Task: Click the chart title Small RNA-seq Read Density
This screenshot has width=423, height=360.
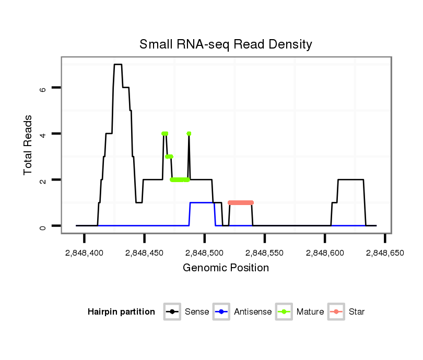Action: (226, 44)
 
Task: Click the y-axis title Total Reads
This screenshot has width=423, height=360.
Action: (29, 145)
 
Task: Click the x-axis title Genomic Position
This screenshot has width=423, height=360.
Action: (226, 268)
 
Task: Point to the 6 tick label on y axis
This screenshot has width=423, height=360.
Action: (43, 88)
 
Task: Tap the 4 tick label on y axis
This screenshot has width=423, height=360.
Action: (43, 134)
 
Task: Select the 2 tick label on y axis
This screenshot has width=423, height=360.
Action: (43, 180)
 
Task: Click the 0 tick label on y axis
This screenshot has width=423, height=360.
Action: (43, 226)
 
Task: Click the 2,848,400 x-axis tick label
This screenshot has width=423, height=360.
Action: (84, 253)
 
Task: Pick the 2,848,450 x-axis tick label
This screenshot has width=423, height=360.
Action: (144, 253)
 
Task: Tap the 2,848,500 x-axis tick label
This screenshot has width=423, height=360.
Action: (204, 253)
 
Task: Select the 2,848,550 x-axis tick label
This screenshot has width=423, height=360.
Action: (265, 253)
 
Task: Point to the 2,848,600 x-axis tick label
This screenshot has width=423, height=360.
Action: (325, 253)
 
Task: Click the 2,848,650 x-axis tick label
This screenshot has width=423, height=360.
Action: (385, 253)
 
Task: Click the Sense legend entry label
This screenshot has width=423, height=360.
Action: (197, 312)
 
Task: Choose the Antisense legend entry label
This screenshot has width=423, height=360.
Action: (253, 312)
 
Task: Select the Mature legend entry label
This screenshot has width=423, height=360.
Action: (310, 312)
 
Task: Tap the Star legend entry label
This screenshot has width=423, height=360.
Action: (357, 312)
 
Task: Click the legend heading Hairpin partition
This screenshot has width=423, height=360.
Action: (122, 312)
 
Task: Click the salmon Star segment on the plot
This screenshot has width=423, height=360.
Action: (241, 202)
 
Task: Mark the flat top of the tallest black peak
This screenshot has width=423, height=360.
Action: (118, 65)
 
